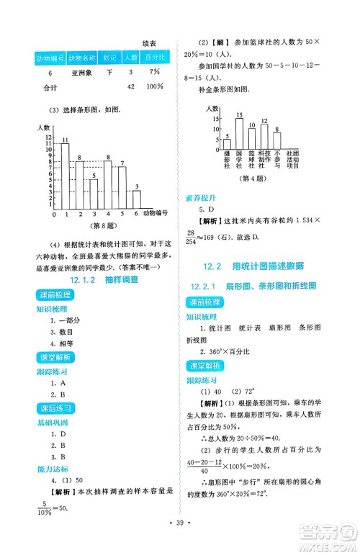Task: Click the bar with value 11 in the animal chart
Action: pyautogui.click(x=65, y=176)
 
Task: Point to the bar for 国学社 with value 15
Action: pyautogui.click(x=238, y=134)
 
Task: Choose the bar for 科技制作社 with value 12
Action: pyautogui.click(x=264, y=137)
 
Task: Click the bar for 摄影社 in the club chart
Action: pyautogui.click(x=227, y=144)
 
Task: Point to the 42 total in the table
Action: pyautogui.click(x=130, y=87)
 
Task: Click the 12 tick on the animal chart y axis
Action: pyautogui.click(x=49, y=136)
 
